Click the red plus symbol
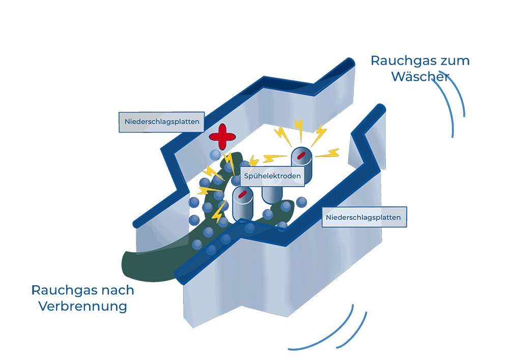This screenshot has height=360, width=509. tap(222, 136)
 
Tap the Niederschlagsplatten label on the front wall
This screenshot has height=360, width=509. tap(364, 217)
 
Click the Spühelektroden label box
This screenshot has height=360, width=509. tap(272, 176)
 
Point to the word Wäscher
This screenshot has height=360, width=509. tap(420, 77)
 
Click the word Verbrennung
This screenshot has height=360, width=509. tap(82, 307)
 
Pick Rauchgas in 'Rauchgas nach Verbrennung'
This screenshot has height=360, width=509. tap(62, 290)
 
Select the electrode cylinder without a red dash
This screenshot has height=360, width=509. tap(272, 193)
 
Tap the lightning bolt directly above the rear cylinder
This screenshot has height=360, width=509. tap(299, 130)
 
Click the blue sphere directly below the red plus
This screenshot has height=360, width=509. tap(216, 155)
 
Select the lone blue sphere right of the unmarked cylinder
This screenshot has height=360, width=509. tap(301, 202)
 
